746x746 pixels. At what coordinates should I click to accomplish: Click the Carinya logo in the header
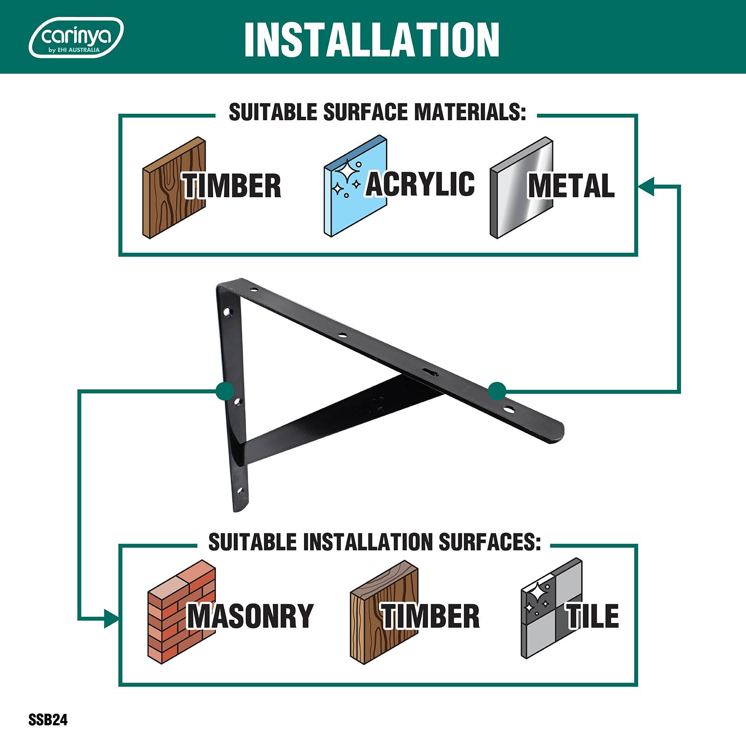76,37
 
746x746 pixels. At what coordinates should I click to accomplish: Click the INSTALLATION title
372,40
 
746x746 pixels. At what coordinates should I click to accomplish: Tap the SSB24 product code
48,720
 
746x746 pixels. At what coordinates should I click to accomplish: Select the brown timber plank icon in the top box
174,188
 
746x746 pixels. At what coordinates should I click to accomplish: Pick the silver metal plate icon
521,188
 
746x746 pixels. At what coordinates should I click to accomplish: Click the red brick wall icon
182,610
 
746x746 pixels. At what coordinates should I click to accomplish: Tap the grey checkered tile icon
552,608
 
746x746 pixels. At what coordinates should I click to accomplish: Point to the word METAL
571,186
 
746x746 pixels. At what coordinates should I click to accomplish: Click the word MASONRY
250,616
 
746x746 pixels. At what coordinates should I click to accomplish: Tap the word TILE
593,616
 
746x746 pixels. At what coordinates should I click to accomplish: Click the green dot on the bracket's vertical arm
225,391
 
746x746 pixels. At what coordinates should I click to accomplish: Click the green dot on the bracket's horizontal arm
497,391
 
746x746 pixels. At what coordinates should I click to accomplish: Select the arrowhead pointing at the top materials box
645,186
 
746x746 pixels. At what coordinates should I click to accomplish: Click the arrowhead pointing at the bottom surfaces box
111,619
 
